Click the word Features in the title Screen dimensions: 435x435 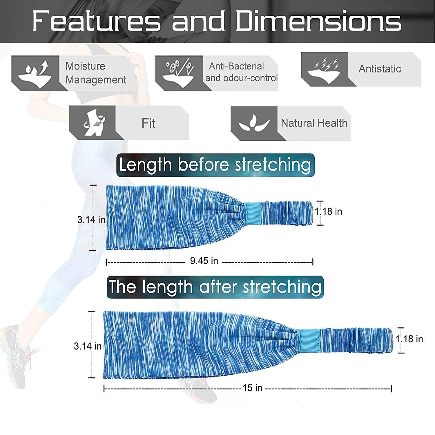[96, 21]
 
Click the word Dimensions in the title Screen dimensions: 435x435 [318, 21]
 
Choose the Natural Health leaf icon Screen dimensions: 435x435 [254, 123]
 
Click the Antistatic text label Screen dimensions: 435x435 [380, 69]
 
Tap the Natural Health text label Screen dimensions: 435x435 [314, 123]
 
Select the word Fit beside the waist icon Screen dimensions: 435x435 [148, 123]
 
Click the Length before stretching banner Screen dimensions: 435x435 [215, 165]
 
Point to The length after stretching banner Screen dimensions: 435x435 [215, 287]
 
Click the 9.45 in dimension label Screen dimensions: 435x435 [204, 261]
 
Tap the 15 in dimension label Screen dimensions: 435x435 [252, 388]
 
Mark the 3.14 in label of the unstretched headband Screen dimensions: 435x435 [91, 220]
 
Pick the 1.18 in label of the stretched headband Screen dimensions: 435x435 [409, 339]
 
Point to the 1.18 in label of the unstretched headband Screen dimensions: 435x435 [329, 211]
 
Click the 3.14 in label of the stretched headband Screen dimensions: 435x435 [88, 346]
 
